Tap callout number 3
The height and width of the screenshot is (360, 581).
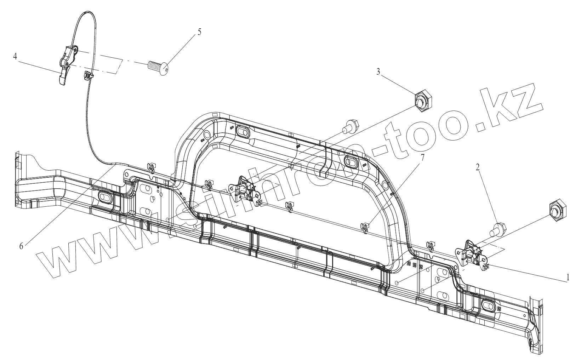[378, 72]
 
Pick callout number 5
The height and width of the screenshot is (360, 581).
[199, 32]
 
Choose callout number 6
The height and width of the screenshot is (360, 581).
[21, 246]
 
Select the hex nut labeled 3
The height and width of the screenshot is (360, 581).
[421, 101]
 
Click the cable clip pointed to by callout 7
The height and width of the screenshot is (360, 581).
[364, 227]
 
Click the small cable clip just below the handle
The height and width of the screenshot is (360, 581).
[88, 75]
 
